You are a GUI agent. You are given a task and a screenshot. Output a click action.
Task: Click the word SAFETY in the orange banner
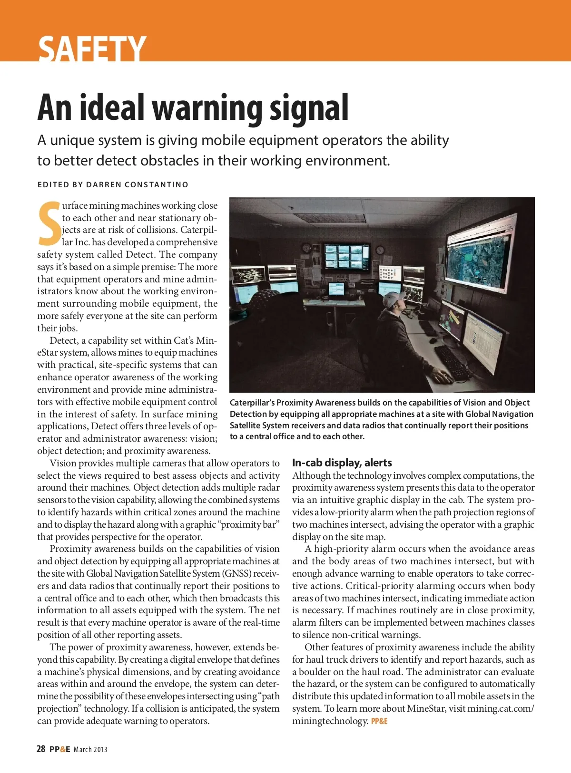(x=92, y=48)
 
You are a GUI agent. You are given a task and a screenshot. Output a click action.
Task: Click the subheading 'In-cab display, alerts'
(x=342, y=463)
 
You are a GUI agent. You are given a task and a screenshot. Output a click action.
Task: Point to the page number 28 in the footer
(x=41, y=749)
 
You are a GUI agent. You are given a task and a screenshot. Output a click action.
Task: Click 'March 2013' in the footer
(x=90, y=750)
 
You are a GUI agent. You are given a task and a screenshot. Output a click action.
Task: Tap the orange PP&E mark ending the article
(x=379, y=721)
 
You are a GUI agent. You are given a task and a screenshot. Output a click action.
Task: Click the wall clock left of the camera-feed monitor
(x=306, y=249)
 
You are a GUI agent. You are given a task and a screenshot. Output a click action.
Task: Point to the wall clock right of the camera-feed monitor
(x=380, y=250)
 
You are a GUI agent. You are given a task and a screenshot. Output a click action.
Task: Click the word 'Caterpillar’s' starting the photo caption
(x=252, y=403)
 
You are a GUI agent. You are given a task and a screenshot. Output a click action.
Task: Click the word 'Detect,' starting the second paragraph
(x=64, y=340)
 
